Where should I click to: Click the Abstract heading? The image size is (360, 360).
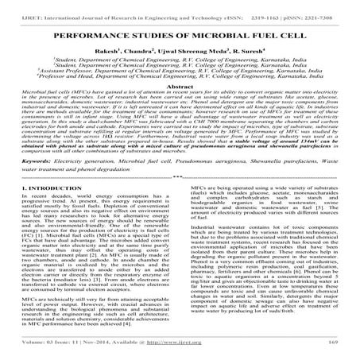(x=180, y=106)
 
